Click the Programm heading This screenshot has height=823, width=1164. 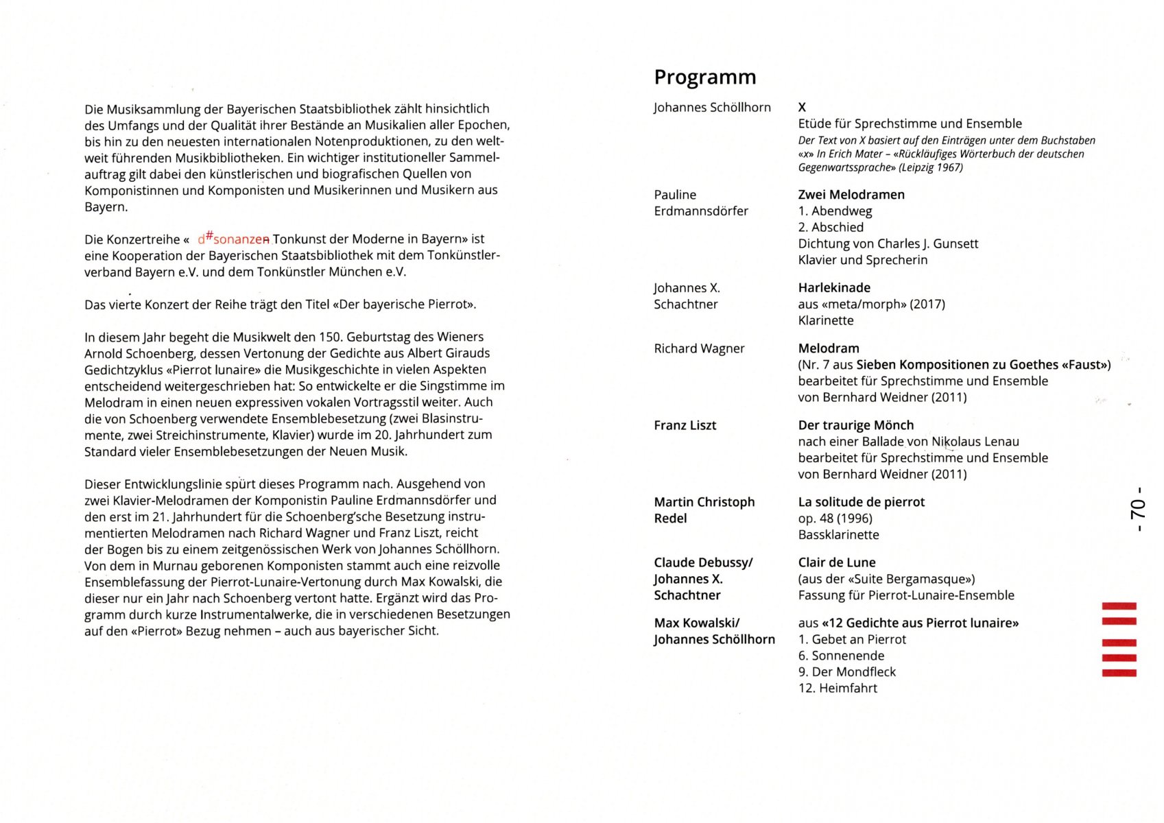pos(704,77)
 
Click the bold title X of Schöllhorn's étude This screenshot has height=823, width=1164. pos(802,107)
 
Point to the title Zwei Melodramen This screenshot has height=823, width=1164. pos(851,195)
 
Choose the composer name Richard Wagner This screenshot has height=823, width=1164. pos(699,348)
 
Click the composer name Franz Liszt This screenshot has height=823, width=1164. pos(685,425)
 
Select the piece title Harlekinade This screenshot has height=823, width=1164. pos(833,288)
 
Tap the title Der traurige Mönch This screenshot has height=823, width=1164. pos(855,425)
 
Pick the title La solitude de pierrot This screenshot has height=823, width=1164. pos(861,502)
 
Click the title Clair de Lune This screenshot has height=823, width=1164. pos(836,562)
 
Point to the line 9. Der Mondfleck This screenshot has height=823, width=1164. pos(846,672)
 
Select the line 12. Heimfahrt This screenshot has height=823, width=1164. pos(837,688)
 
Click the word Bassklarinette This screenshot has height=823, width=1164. pos(838,535)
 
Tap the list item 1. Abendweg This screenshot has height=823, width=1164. pos(835,211)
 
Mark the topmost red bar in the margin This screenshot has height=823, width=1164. pos(1119,606)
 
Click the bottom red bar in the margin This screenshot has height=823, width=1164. pos(1119,673)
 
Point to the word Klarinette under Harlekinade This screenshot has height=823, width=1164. pos(826,320)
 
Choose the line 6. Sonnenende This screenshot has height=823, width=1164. pos(841,656)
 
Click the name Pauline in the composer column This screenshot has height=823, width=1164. pos(675,195)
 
